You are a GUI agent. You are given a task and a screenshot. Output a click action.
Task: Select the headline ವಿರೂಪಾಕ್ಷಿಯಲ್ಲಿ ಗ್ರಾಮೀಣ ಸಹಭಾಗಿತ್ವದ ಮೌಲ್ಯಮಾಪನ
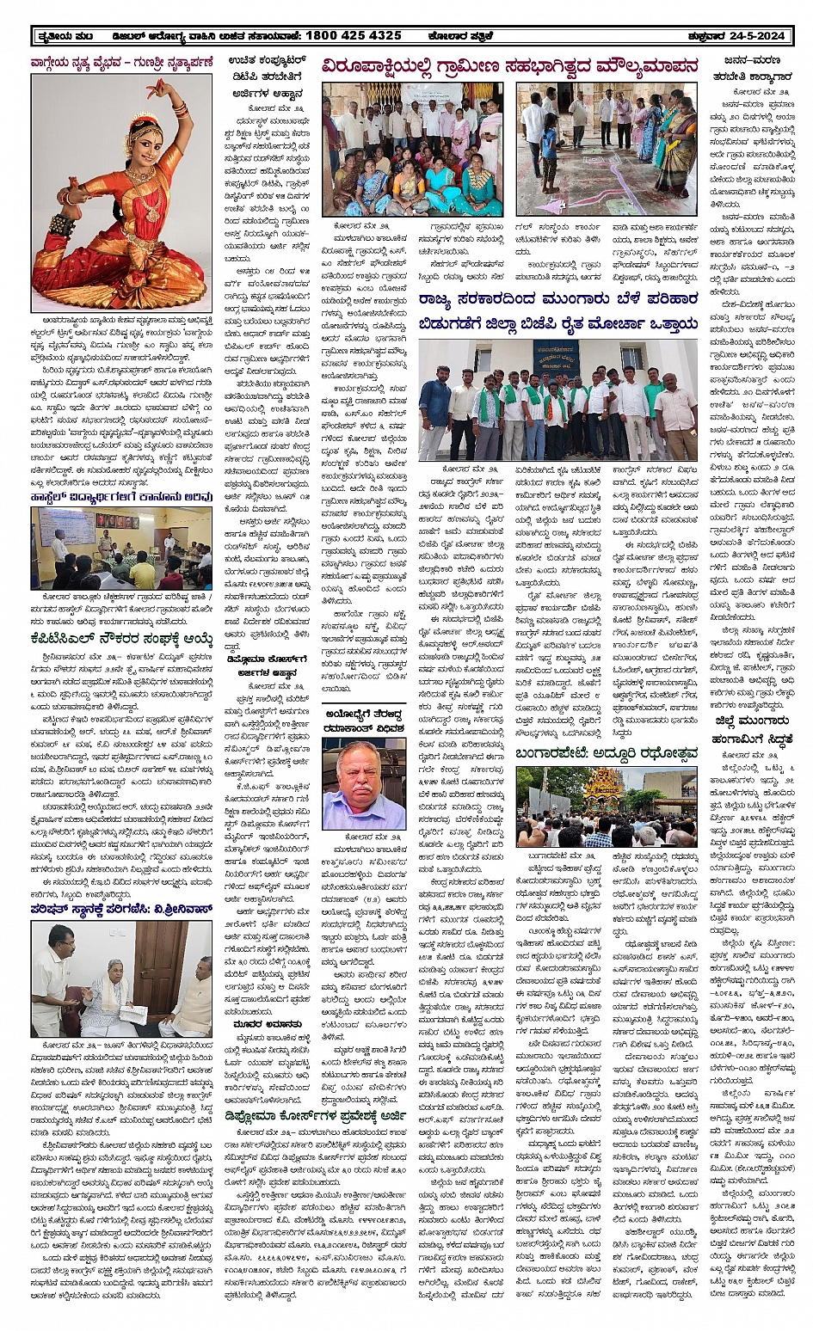(x=509, y=66)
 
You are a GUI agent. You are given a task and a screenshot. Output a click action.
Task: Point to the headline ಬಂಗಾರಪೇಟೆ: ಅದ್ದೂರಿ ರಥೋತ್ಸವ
(x=606, y=753)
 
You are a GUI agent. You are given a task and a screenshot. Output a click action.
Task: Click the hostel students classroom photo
(x=120, y=548)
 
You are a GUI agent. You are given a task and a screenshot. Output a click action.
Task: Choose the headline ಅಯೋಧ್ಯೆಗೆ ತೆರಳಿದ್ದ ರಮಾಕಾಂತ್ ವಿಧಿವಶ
(x=364, y=721)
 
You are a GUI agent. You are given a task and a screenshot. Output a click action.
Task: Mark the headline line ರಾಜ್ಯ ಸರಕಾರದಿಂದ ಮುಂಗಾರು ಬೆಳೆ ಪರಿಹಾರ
(x=557, y=299)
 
